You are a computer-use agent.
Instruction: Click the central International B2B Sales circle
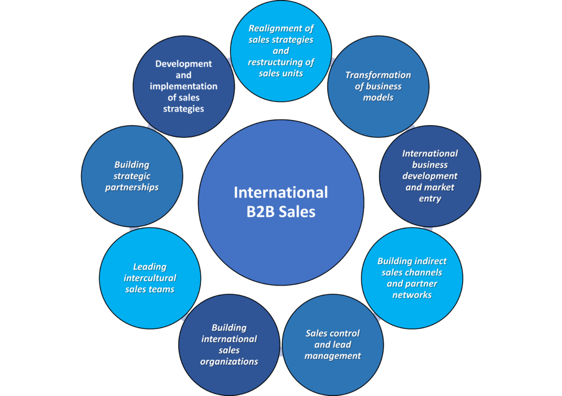point(281,202)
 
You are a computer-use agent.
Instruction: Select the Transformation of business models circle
point(378,86)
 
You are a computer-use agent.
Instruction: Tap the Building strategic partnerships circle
point(132,176)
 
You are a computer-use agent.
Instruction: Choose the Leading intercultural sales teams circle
point(150,278)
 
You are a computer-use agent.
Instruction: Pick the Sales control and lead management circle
point(333,345)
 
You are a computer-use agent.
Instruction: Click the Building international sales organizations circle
point(229,345)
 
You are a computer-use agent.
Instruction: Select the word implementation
point(183,86)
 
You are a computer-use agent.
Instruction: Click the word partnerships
point(132,188)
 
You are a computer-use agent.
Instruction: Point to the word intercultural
point(150,278)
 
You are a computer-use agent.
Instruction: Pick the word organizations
point(229,361)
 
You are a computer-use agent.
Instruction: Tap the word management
point(333,356)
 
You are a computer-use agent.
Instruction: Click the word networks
point(412,295)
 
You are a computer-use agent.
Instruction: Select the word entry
point(430,199)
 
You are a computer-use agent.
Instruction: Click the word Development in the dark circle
point(183,64)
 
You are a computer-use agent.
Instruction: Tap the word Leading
point(150,267)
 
